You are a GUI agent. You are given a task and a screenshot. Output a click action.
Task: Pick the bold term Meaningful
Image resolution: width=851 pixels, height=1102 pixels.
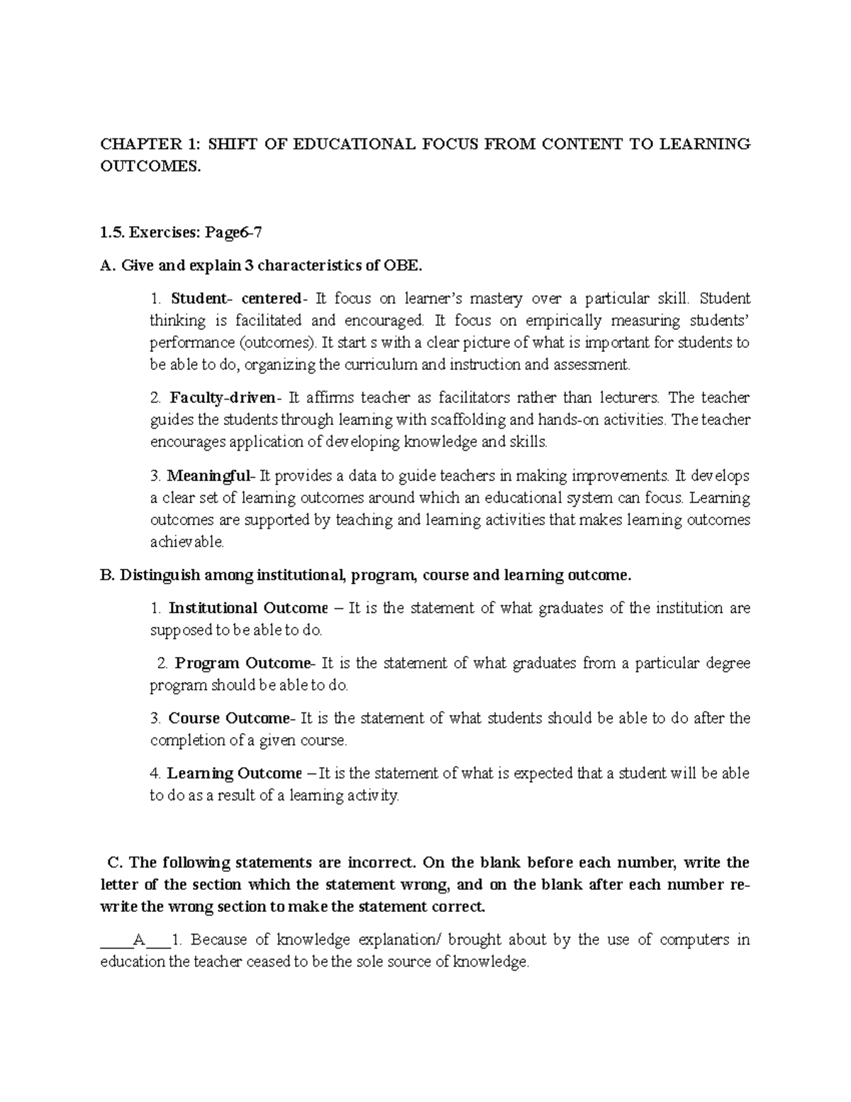click(x=209, y=475)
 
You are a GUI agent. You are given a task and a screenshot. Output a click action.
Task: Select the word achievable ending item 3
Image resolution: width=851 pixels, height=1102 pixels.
click(x=187, y=542)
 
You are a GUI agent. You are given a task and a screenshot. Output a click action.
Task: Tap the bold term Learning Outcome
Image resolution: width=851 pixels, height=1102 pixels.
click(x=234, y=773)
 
